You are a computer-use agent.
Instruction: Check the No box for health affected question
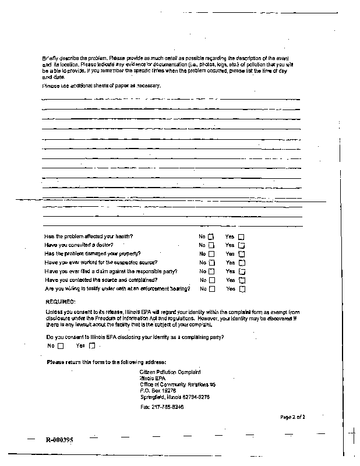click(x=211, y=236)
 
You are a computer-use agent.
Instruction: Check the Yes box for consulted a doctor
click(x=242, y=245)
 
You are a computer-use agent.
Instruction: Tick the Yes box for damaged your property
click(x=242, y=254)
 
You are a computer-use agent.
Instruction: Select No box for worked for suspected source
click(x=211, y=263)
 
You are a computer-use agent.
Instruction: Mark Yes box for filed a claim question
click(x=242, y=271)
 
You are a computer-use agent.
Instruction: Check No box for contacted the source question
click(x=211, y=280)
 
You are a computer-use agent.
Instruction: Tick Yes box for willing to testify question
click(x=242, y=289)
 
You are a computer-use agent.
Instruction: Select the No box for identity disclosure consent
click(x=60, y=346)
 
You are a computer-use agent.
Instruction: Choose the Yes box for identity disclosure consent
click(x=91, y=346)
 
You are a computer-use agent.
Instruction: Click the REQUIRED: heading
click(x=60, y=302)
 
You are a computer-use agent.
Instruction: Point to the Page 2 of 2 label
click(x=292, y=417)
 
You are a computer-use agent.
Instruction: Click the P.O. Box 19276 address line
click(x=159, y=391)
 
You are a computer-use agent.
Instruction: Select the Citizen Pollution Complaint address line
click(x=170, y=372)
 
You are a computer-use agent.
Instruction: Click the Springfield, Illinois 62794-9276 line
click(x=175, y=397)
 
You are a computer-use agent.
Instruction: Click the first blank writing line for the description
click(x=171, y=100)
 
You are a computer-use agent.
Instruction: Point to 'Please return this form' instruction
click(x=106, y=362)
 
